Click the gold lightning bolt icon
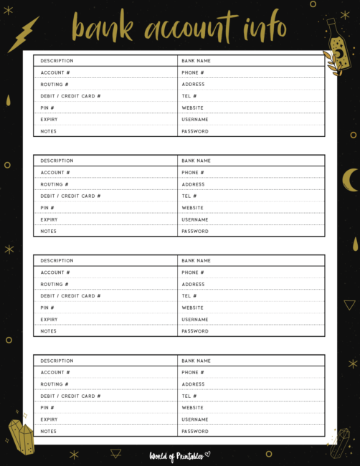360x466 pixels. point(23,34)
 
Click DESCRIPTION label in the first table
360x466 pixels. point(57,61)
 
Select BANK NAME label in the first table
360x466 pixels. point(196,61)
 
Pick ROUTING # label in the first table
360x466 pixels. point(55,85)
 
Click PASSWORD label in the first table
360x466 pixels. point(195,131)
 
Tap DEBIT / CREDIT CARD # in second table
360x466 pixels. point(70,196)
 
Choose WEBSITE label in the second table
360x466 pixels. point(193,208)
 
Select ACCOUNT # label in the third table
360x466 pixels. point(55,272)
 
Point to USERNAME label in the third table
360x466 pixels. point(195,320)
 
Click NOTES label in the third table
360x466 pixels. point(48,331)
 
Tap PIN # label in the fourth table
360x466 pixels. point(47,408)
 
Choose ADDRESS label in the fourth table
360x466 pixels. point(193,384)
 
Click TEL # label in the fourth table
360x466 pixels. point(189,396)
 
